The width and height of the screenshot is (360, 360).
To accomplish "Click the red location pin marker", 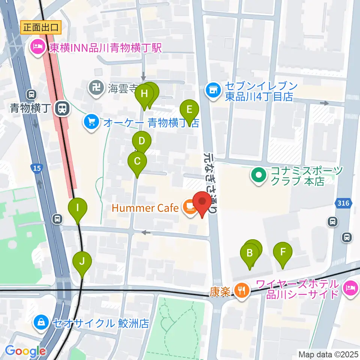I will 202,204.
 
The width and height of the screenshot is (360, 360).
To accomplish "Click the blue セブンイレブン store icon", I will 213,91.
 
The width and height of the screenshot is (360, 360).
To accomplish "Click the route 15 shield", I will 36,169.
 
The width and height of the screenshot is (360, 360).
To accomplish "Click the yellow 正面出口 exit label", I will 41,27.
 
